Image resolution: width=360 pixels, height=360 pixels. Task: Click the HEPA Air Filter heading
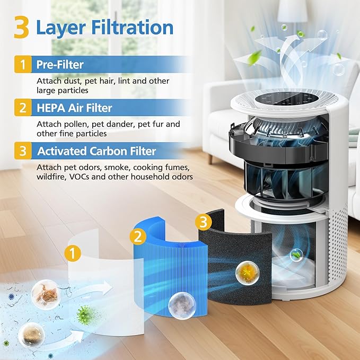click(74, 108)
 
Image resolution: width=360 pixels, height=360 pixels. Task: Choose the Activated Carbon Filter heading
click(96, 151)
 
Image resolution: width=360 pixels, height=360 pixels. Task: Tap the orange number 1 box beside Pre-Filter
click(22, 65)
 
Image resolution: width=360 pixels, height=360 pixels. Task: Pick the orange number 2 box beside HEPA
click(22, 108)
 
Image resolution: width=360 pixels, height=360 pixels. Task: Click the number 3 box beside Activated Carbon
click(22, 151)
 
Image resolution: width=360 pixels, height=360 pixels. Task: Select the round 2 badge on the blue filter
click(139, 234)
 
